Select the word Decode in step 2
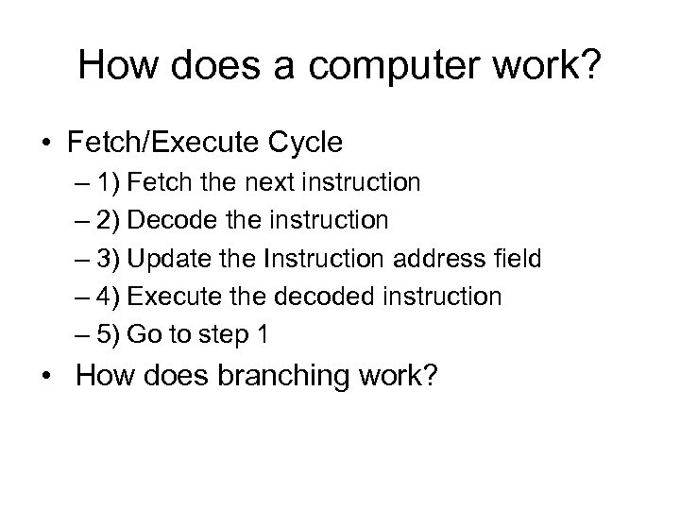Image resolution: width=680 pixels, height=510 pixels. (x=164, y=220)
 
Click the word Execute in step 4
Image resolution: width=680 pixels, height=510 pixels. (x=167, y=296)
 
